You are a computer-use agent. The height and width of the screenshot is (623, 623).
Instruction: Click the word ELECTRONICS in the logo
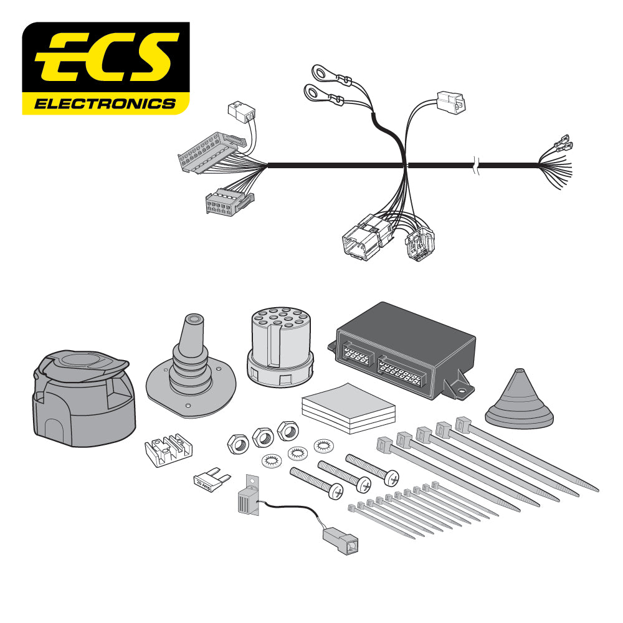(105, 103)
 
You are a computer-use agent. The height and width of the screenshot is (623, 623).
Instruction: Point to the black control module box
(405, 349)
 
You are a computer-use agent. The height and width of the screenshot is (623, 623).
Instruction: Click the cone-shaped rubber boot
(518, 402)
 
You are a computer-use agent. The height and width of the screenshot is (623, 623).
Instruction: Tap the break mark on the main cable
(477, 166)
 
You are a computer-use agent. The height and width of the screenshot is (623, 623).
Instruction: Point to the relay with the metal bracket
(249, 498)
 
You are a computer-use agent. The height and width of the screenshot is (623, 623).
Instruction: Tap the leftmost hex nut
(237, 443)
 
